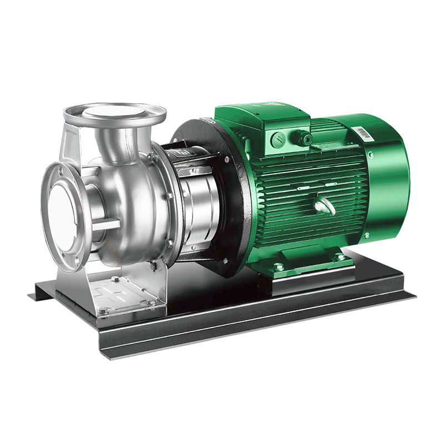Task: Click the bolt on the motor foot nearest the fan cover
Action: (340, 257)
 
